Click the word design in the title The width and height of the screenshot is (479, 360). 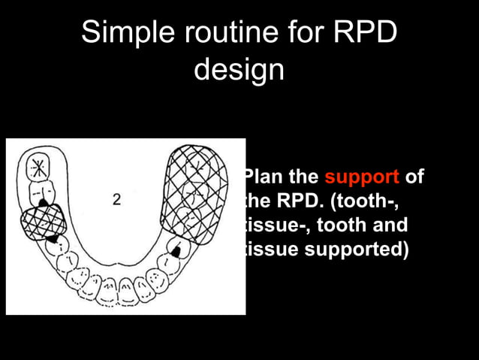239,71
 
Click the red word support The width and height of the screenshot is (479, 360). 361,178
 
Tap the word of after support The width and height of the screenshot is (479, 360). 414,178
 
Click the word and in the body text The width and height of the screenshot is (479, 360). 387,225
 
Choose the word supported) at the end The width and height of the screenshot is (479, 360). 353,249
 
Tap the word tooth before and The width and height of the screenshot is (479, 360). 331,225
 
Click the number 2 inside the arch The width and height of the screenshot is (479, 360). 117,200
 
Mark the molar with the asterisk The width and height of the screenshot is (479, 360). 38,168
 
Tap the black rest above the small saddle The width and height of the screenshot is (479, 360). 43,201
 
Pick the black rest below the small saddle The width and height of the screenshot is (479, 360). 52,237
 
